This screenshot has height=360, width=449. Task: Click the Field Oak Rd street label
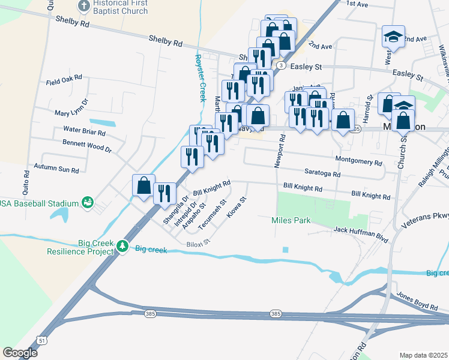click(x=68, y=79)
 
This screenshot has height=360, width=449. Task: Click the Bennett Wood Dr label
click(x=87, y=145)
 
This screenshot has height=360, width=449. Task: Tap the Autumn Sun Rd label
click(x=56, y=169)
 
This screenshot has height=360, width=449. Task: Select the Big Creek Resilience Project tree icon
click(x=122, y=245)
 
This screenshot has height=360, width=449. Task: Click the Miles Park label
click(x=291, y=220)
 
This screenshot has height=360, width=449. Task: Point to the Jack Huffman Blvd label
click(x=361, y=230)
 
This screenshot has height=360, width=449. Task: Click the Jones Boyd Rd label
click(x=417, y=301)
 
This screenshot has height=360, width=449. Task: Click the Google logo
click(x=20, y=352)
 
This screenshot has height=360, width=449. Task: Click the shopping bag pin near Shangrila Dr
click(x=143, y=185)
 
